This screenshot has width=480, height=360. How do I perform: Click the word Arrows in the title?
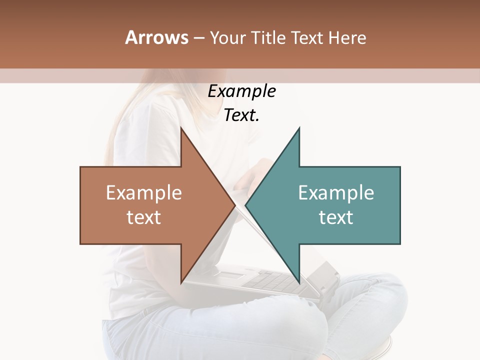coord(157,37)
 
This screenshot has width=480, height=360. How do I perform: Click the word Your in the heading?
coord(228,37)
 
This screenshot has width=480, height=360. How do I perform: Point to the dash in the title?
coord(198,38)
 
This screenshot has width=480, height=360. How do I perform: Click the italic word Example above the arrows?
coord(241,91)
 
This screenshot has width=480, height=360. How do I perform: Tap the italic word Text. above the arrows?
coord(241,115)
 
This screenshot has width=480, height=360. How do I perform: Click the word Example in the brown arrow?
coord(144,192)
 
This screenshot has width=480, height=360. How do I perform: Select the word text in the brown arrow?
coord(144,217)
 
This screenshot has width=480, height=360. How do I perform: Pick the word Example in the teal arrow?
coord(336,192)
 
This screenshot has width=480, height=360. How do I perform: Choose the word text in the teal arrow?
coord(336,217)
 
